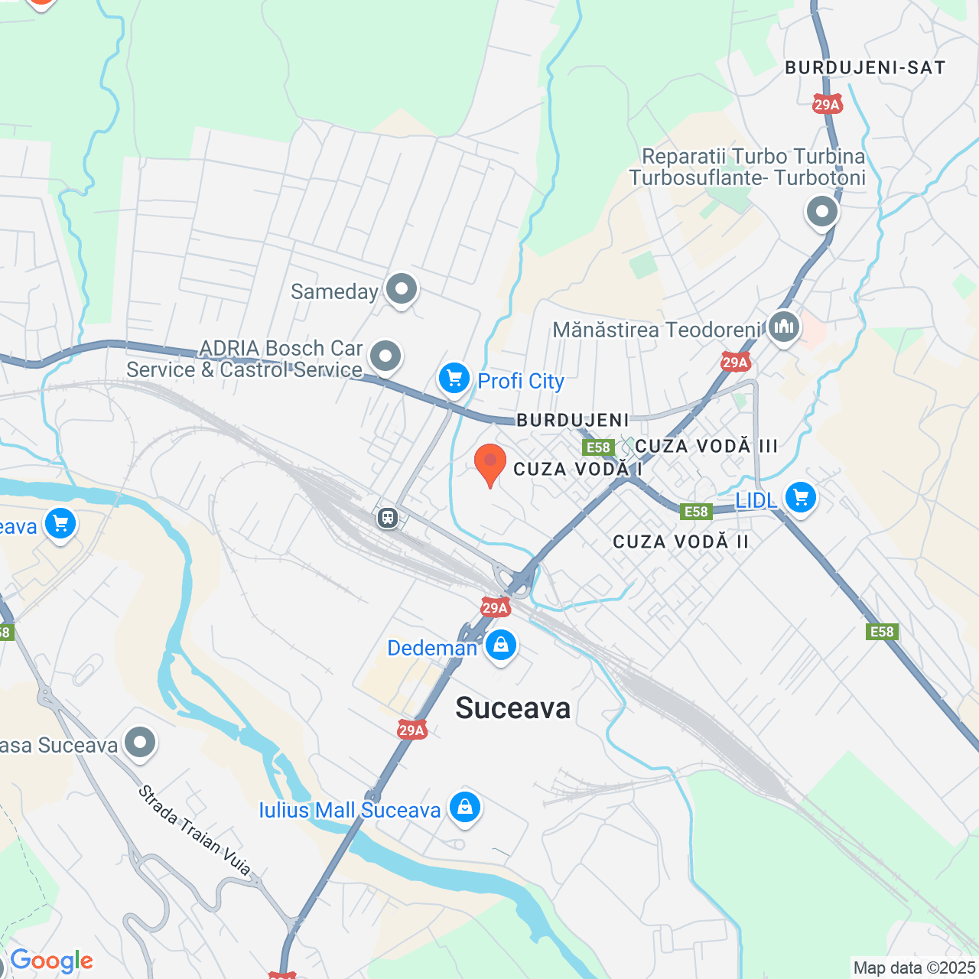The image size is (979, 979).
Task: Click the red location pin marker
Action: (x=490, y=463)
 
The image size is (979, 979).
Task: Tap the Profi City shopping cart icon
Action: (x=454, y=379)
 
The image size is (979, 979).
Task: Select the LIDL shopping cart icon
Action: (x=800, y=499)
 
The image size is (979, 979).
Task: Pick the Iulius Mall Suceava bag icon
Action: (x=464, y=807)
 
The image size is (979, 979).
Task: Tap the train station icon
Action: (x=388, y=518)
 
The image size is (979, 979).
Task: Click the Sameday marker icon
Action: (x=401, y=289)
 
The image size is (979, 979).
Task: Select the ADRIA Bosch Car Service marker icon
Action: (x=385, y=356)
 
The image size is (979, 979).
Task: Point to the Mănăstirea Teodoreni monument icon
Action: (x=783, y=327)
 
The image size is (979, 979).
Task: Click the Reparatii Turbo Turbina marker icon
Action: (x=822, y=211)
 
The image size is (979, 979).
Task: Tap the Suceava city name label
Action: (x=513, y=708)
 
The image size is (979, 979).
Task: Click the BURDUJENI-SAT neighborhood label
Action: (x=865, y=68)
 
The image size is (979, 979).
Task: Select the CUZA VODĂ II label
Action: (x=681, y=542)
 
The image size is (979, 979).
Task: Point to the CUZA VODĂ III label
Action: (x=706, y=446)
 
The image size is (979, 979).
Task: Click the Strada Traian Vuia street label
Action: (x=194, y=830)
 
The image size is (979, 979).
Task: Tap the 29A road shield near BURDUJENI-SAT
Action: (x=827, y=105)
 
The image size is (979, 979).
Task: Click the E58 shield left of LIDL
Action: (x=696, y=512)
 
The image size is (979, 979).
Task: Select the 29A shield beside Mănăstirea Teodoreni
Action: (x=735, y=363)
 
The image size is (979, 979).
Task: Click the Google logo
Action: (x=51, y=961)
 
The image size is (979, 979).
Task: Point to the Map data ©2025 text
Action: (x=914, y=968)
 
